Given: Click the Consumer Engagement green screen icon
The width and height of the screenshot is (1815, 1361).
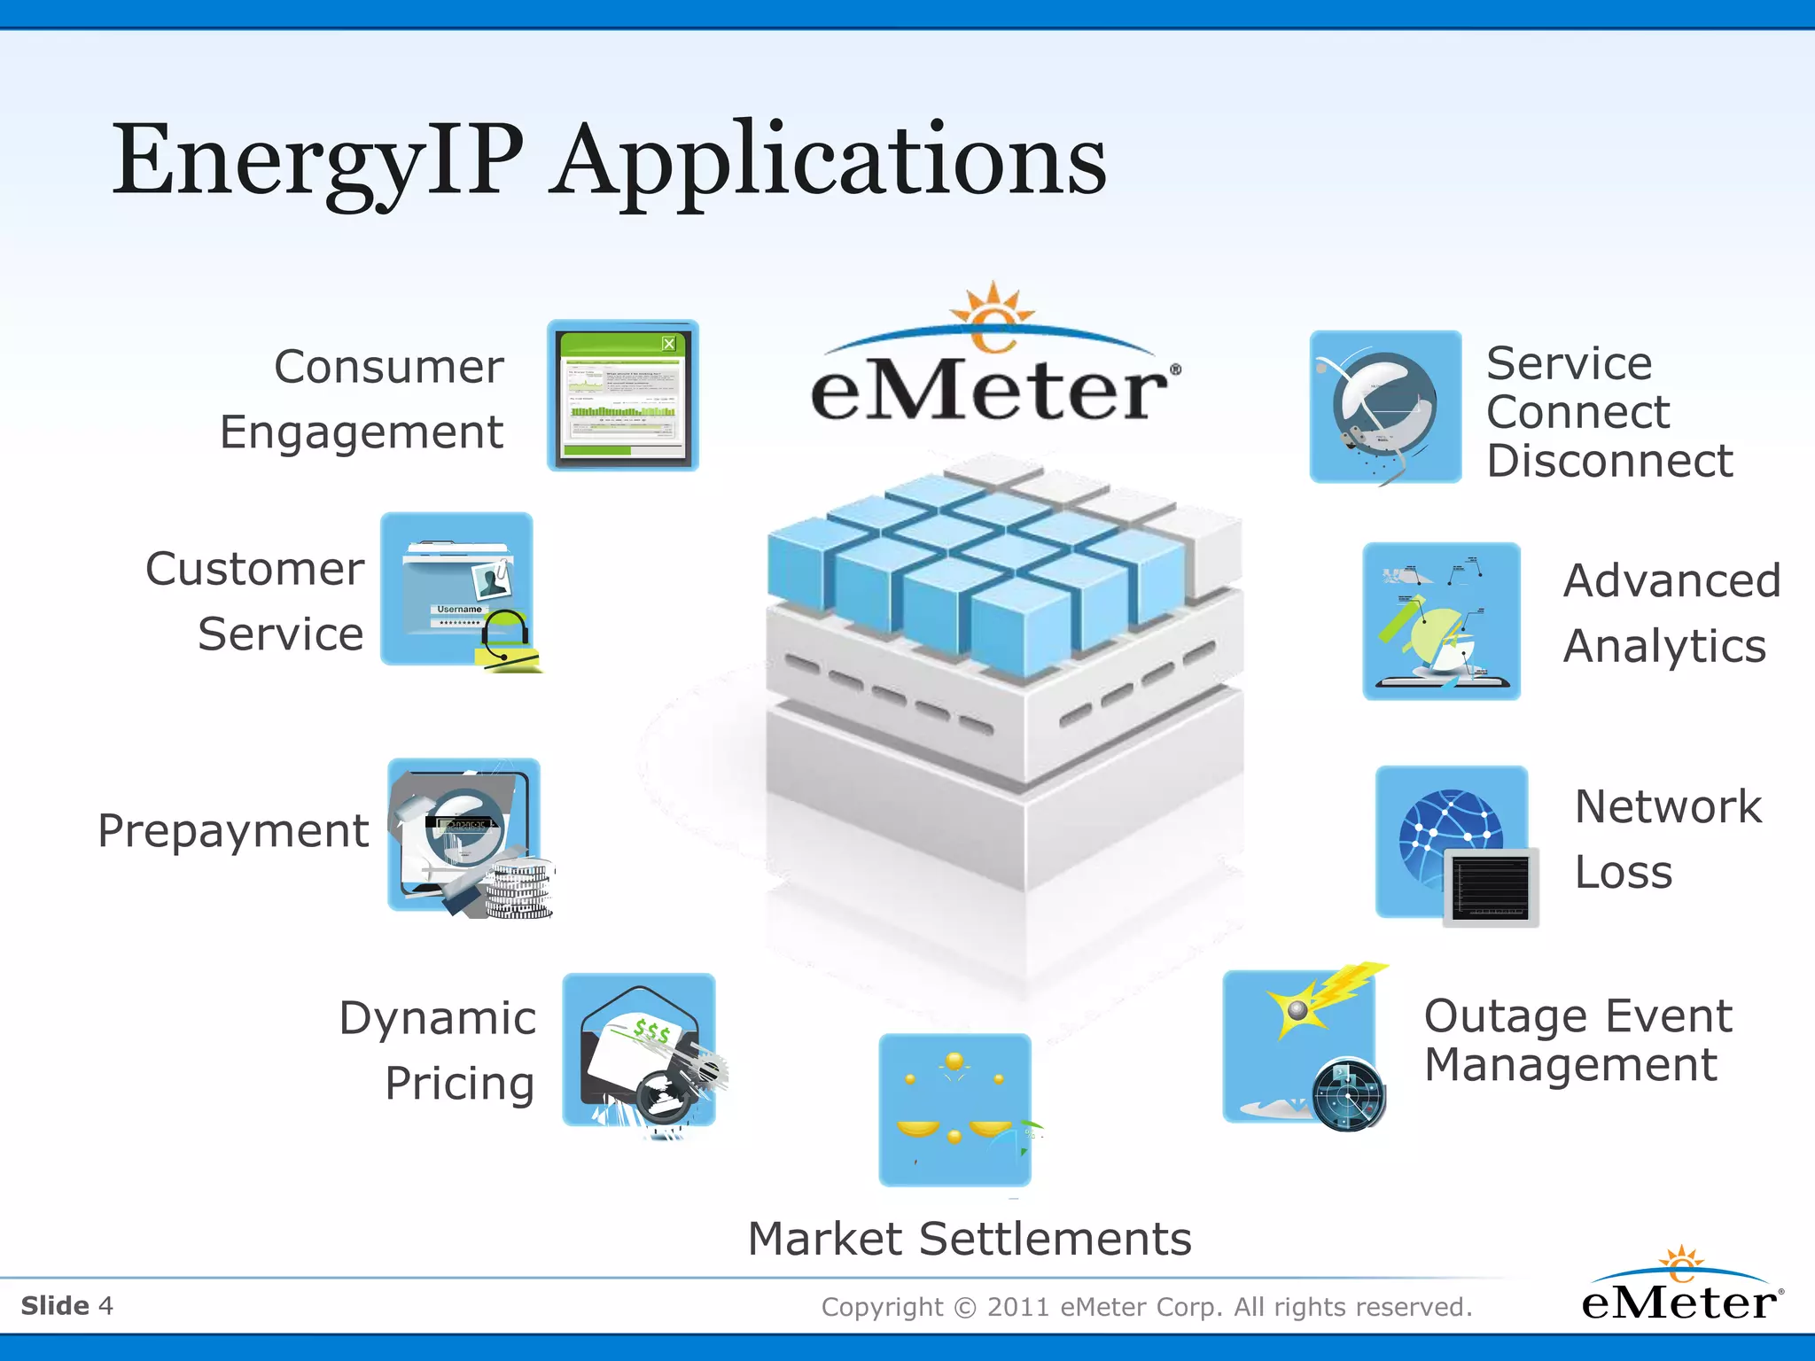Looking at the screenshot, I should [623, 396].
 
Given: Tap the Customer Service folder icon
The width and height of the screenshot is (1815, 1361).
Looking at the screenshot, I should [457, 589].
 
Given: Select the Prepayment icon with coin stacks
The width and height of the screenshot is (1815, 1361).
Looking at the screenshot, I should [464, 835].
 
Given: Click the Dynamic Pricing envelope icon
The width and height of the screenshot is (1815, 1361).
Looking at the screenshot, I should [639, 1050].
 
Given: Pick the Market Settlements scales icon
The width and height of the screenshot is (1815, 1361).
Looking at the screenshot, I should [954, 1109].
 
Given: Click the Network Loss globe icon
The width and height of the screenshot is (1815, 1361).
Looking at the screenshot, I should [1451, 838].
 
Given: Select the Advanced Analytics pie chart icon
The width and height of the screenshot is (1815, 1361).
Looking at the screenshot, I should [1441, 621].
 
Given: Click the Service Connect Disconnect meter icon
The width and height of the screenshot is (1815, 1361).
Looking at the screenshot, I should [1385, 407].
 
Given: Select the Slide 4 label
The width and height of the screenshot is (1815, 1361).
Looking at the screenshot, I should [67, 1305].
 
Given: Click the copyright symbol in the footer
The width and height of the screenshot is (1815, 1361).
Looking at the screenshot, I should [965, 1308].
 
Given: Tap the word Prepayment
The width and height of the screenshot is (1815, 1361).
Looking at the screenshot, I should [233, 832].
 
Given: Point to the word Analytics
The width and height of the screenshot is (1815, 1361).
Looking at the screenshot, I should [1663, 646].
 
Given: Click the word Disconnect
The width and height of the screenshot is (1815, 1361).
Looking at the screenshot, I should [1609, 461].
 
